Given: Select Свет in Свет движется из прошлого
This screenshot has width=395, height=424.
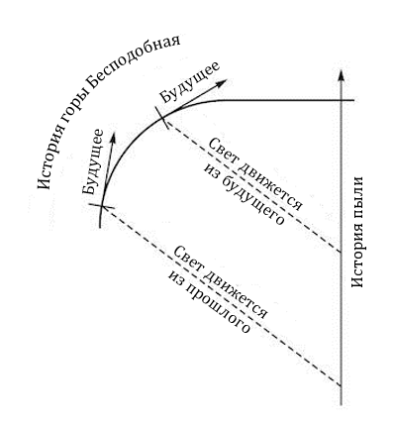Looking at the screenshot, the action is coord(183,256).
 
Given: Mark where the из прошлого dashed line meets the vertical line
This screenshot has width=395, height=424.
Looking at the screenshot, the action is coord(340,385).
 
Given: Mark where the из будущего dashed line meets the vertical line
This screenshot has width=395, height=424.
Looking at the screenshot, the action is coord(340,253).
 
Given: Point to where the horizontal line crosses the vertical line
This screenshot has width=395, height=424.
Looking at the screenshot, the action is coord(340,101).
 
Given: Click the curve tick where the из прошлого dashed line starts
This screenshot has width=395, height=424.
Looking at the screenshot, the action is coord(101,208).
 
